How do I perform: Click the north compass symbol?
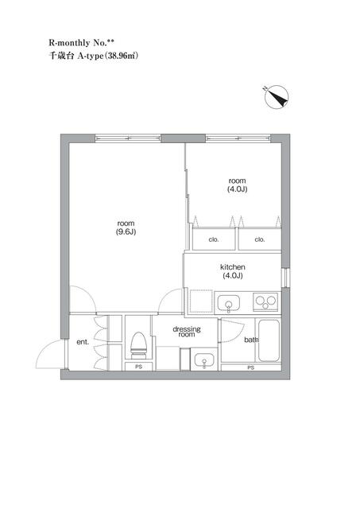[277, 97]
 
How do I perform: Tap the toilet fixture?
[139, 345]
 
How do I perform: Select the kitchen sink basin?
[229, 304]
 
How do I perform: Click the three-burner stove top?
[265, 302]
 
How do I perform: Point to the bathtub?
[269, 340]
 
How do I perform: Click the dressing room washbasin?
[204, 360]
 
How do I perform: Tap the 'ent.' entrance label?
[83, 342]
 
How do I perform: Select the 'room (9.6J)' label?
[126, 227]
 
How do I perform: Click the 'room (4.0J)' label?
[237, 185]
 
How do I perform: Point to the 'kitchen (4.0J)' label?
[233, 271]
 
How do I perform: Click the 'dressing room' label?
[187, 332]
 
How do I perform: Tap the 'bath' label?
[251, 340]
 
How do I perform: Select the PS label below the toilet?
[139, 367]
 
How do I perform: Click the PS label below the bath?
[250, 367]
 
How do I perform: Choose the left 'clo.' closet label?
[214, 239]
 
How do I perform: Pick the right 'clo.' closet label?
[260, 239]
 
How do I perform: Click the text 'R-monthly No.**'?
[81, 42]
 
